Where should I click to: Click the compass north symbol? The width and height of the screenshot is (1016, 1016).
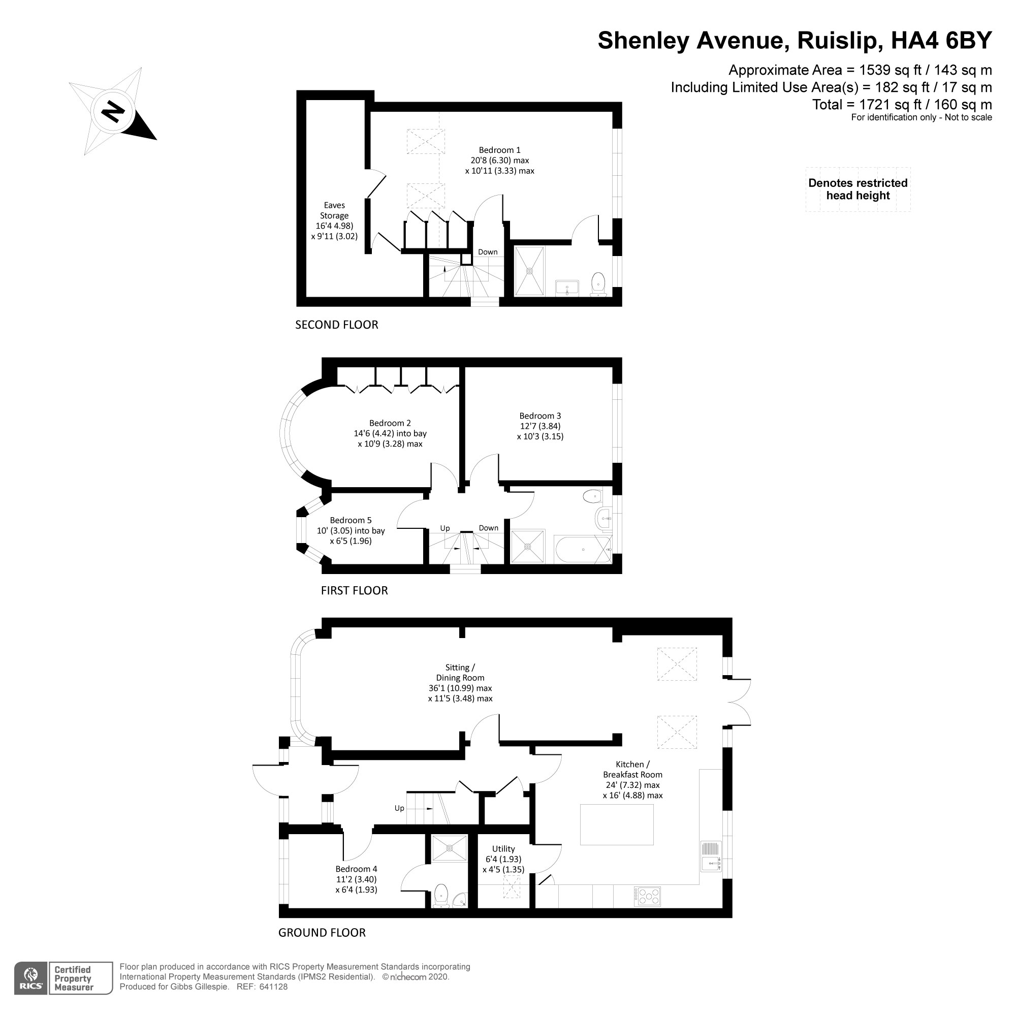(113, 111)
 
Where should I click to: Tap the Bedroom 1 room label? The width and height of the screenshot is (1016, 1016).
(499, 161)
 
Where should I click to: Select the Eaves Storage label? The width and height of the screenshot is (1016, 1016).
(334, 220)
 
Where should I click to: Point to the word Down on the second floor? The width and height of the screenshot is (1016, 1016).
(488, 252)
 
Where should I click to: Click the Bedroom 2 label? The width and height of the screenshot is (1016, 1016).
(390, 433)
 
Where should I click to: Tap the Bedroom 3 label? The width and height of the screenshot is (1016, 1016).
(539, 426)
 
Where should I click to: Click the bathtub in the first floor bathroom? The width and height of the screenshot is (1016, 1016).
(583, 550)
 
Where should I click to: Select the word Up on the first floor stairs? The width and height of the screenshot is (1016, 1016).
(445, 528)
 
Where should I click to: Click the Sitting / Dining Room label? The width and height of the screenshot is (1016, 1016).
(460, 683)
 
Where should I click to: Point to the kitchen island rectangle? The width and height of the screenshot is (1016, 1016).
(616, 824)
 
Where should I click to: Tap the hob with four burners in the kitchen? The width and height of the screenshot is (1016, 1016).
(647, 896)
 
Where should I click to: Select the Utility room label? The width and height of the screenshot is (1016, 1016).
(503, 859)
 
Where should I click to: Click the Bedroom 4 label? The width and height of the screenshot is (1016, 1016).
(356, 879)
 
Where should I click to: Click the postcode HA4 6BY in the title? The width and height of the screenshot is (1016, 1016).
(941, 41)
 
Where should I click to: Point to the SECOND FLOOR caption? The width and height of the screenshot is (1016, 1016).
(337, 325)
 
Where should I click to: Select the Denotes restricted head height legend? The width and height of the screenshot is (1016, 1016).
(857, 189)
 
